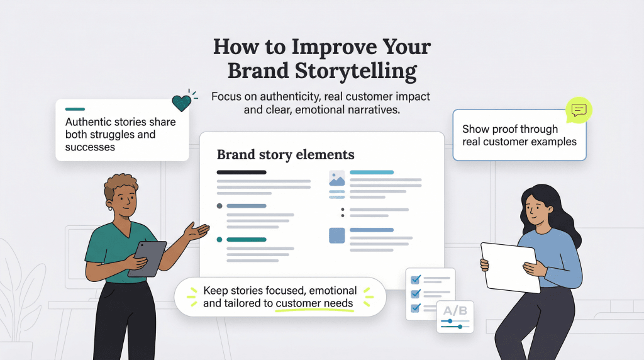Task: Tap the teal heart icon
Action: click(181, 103)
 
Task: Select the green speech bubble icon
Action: click(579, 111)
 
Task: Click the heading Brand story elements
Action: click(286, 154)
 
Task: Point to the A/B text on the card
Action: click(455, 310)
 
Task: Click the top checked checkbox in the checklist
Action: click(415, 279)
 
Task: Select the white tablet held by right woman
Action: click(511, 267)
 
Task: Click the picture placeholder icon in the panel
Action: click(337, 179)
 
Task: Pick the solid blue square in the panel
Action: click(337, 235)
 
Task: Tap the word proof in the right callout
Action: click(504, 129)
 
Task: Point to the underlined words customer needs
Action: click(314, 303)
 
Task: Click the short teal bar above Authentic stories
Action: click(75, 110)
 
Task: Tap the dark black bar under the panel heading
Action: click(241, 172)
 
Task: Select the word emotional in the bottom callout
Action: click(327, 291)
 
